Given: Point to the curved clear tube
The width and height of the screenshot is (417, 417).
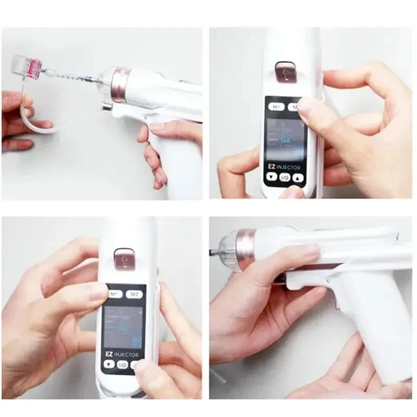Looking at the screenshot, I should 32,123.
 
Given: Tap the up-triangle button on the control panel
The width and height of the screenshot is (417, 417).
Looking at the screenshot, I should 298,177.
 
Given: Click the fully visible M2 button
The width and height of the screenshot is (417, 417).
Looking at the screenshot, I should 134,295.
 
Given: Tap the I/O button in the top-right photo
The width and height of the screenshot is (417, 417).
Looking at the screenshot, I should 285,178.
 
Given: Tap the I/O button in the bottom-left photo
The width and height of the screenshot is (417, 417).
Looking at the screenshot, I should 122,364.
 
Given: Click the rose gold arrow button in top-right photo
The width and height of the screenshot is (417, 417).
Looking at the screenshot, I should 284,72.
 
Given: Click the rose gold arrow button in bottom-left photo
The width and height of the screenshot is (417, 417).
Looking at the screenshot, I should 122,258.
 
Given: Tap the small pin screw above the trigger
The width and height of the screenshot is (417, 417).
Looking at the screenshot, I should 327,281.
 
